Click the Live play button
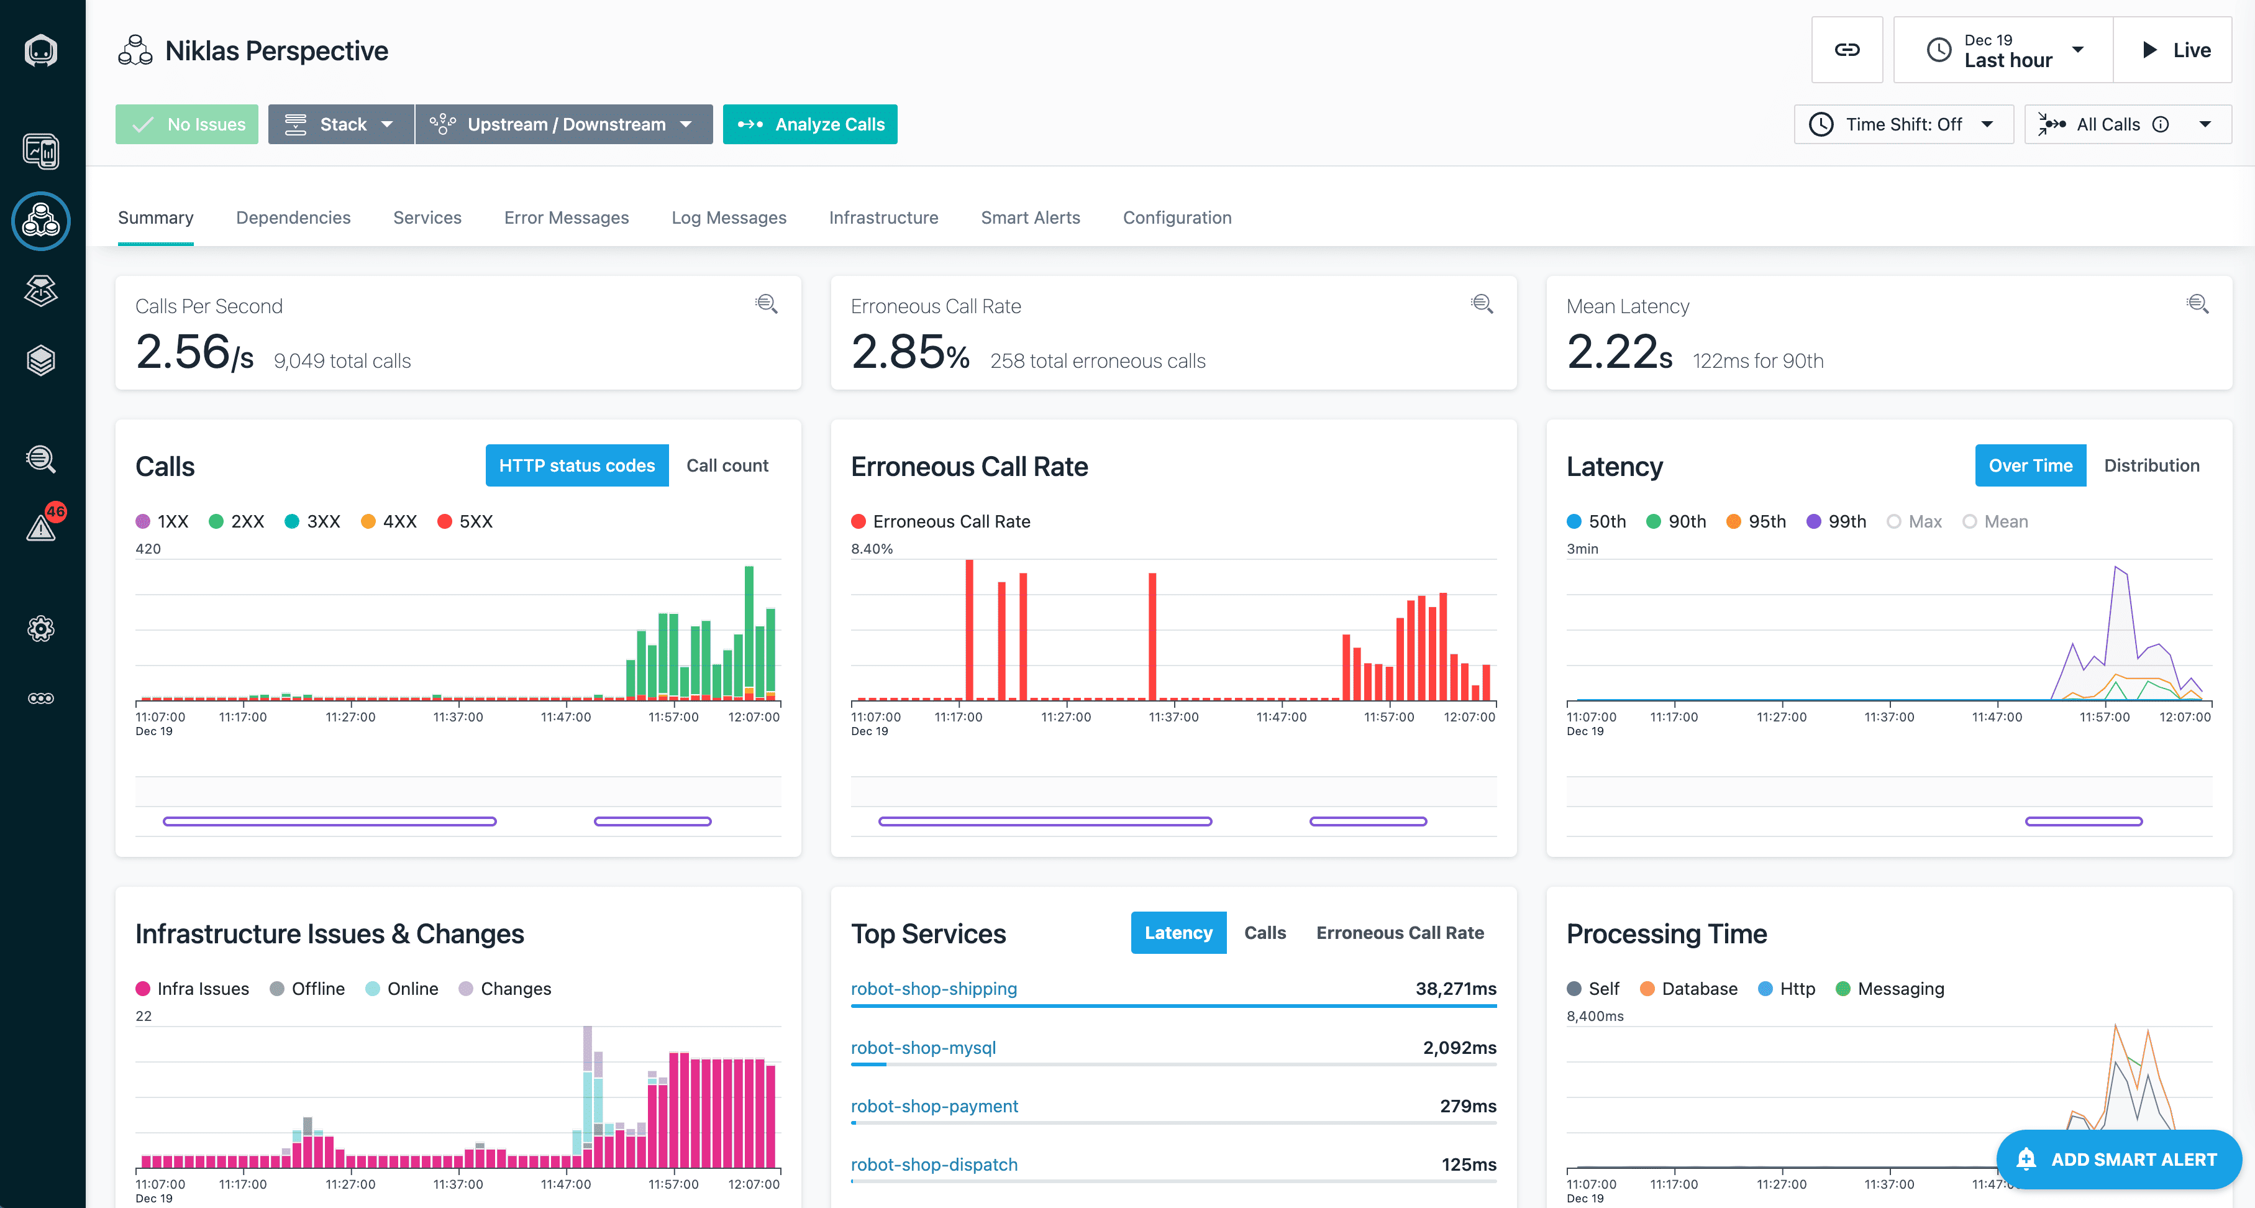click(x=2174, y=50)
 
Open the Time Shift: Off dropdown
click(x=1903, y=124)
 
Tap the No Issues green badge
click(x=188, y=124)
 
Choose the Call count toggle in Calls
click(x=727, y=465)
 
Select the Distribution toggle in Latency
click(x=2151, y=465)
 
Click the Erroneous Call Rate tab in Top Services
click(x=1399, y=933)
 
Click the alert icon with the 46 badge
click(x=41, y=526)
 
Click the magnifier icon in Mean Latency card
click(x=2197, y=304)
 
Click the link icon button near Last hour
click(x=1846, y=50)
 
